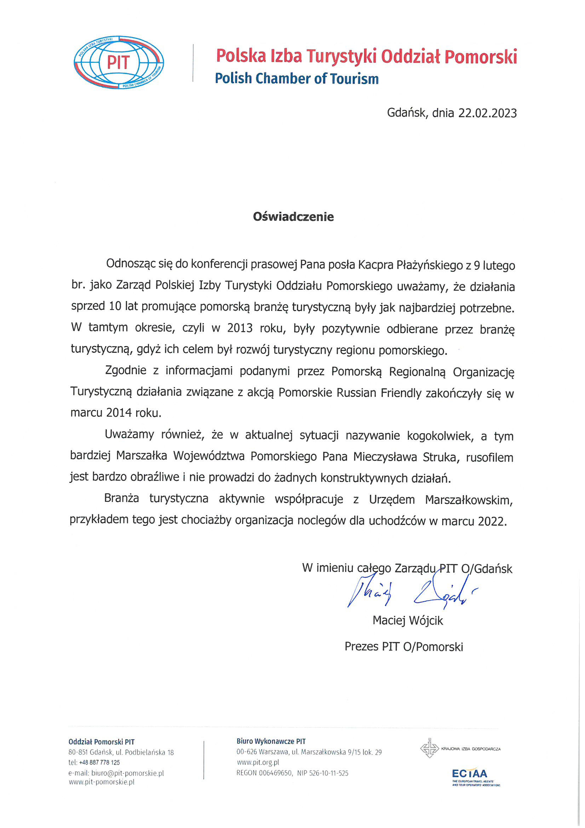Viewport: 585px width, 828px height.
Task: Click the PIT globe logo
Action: (x=119, y=62)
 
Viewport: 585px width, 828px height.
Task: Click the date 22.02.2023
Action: (x=487, y=113)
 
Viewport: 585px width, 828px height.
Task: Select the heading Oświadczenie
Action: (x=293, y=217)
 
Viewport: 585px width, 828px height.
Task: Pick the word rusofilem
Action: (x=489, y=458)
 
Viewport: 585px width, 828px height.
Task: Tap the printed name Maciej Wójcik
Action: (x=408, y=620)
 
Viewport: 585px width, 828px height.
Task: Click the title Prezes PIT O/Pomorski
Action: (x=404, y=647)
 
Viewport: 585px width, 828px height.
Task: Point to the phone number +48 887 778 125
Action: (x=99, y=762)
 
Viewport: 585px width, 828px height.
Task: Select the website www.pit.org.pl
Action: (x=258, y=762)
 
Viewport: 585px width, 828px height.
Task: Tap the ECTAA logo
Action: (x=469, y=773)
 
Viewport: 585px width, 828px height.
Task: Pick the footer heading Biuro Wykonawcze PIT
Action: (x=271, y=742)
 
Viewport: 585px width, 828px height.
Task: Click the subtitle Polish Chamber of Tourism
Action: (x=297, y=79)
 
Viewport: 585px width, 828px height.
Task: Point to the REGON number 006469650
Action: (x=275, y=773)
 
